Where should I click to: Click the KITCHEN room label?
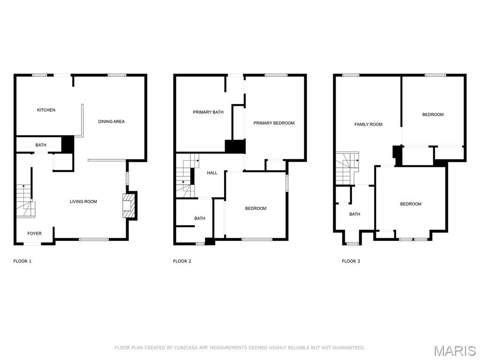point(46,110)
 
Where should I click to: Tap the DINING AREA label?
point(111,122)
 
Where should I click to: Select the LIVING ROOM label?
point(83,202)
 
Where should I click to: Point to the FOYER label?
point(34,233)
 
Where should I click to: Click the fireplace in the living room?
point(128,206)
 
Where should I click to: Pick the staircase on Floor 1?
point(24,201)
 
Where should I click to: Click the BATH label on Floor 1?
point(41,145)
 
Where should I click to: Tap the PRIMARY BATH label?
point(208,112)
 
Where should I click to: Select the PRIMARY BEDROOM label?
point(274,123)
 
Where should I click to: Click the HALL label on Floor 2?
point(212,173)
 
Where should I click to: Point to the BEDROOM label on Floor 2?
point(255,209)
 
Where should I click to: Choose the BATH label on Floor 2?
point(200,218)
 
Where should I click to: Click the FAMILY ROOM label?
point(368,125)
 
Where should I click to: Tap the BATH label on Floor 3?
point(354,214)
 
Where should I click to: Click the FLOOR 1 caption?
point(22,261)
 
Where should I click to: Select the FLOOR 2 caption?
point(182,261)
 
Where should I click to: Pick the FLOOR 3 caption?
point(351,261)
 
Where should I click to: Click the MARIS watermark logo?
point(454,351)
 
